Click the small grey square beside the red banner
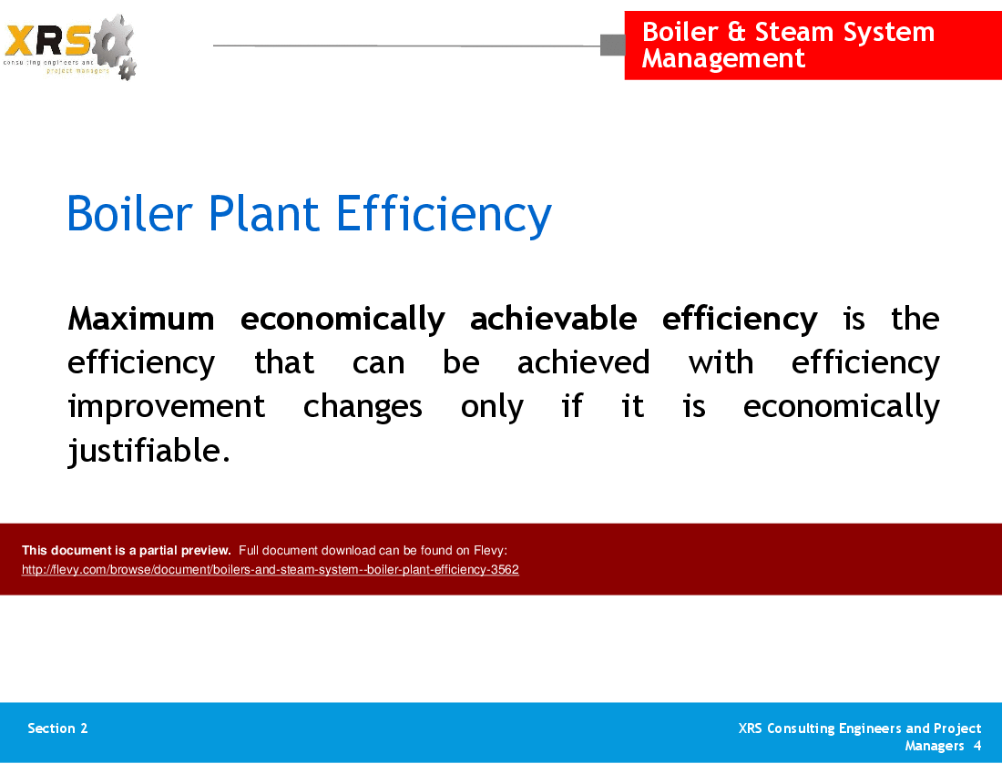click(x=612, y=45)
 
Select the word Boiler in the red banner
click(x=680, y=32)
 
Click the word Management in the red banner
click(x=723, y=59)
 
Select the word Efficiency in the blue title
click(x=444, y=215)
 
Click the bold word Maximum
click(x=140, y=319)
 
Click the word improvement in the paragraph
click(x=166, y=406)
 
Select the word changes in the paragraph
click(x=362, y=406)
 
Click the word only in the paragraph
click(x=491, y=406)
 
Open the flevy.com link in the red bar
click(x=270, y=570)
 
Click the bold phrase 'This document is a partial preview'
click(x=126, y=550)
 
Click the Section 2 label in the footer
click(x=57, y=728)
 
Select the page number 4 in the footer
click(x=976, y=746)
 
